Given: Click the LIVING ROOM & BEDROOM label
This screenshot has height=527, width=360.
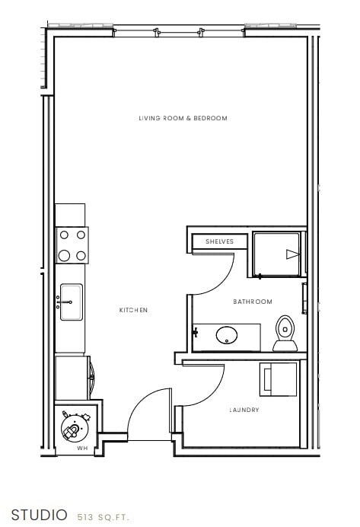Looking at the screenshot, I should click(x=183, y=118).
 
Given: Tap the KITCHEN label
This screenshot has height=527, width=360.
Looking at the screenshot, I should click(x=133, y=310).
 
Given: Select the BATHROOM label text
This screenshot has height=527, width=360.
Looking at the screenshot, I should click(x=252, y=302).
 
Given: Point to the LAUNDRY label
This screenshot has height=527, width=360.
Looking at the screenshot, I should click(x=244, y=410).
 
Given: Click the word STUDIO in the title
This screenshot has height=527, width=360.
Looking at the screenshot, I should click(x=39, y=514).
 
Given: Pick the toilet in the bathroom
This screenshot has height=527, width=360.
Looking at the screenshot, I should click(x=285, y=332).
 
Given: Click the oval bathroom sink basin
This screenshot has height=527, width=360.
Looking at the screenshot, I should click(x=226, y=334).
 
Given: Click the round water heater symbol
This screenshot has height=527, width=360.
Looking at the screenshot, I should click(x=75, y=428).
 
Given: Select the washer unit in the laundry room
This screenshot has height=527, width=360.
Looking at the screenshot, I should click(x=279, y=379).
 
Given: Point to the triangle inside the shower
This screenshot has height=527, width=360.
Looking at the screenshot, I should click(x=291, y=254).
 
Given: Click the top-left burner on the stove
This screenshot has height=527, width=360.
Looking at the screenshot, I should click(x=64, y=236).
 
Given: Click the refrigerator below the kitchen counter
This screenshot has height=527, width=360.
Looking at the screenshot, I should click(x=72, y=377).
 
